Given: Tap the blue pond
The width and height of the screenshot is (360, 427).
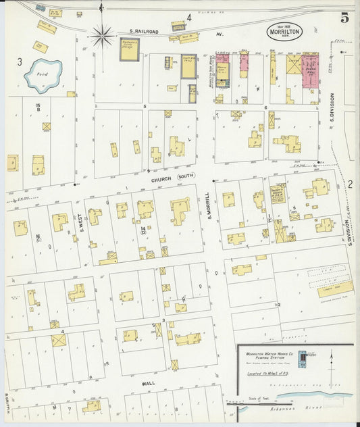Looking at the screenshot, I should pos(43,76).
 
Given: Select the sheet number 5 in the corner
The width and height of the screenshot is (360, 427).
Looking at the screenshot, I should pos(344,18).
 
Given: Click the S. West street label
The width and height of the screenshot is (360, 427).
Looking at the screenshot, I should pos(80,220).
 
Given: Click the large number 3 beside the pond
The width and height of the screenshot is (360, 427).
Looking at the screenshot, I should pos(20,62).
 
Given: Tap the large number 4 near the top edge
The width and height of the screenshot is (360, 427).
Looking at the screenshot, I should pos(189,17).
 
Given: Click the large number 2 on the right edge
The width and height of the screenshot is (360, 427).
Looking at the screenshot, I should pos(350,184).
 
